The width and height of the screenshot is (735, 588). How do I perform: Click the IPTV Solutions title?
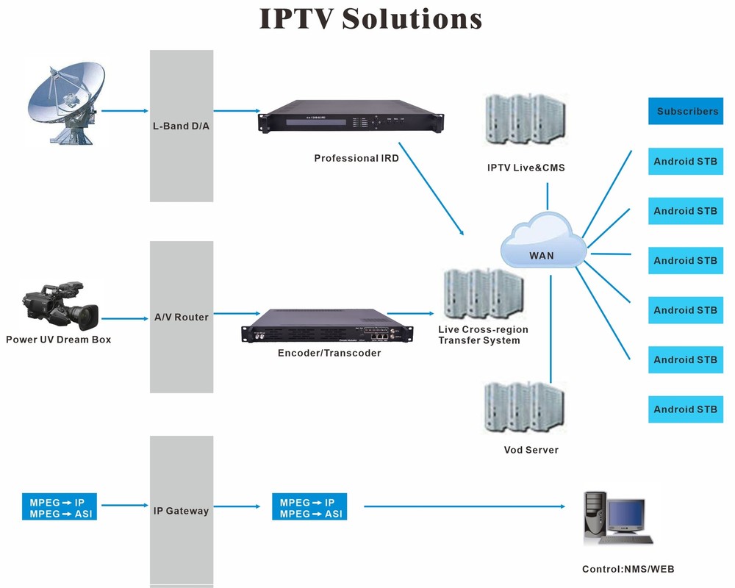(x=370, y=18)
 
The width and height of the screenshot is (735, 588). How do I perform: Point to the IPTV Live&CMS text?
(x=526, y=168)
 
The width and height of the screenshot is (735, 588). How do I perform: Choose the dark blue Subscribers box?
(x=686, y=111)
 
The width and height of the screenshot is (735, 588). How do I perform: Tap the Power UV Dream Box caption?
(x=58, y=340)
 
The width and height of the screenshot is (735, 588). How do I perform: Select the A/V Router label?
(x=182, y=317)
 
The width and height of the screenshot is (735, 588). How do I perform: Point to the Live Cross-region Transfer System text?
(x=482, y=334)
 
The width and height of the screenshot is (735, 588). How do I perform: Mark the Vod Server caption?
(x=531, y=450)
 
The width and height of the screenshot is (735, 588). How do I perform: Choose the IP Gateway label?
(x=181, y=510)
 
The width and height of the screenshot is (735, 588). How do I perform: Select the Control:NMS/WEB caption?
(x=628, y=569)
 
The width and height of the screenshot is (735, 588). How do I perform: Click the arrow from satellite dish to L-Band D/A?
(x=124, y=111)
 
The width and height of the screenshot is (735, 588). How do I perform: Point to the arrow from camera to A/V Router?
(x=124, y=318)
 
